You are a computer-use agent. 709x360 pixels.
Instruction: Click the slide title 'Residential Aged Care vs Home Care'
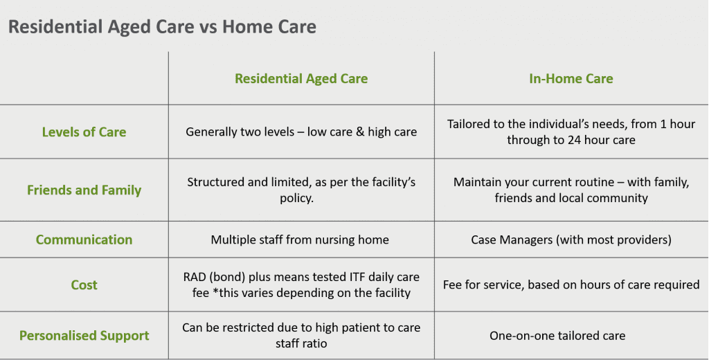(x=162, y=27)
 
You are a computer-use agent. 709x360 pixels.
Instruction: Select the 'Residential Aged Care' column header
(x=301, y=78)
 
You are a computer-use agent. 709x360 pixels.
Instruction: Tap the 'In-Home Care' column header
(x=571, y=78)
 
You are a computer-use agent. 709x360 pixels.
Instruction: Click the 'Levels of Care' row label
(x=84, y=132)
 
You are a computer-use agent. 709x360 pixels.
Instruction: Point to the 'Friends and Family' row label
(x=84, y=190)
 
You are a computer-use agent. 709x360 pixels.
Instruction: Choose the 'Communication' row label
(x=84, y=240)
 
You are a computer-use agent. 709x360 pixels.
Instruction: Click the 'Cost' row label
(x=84, y=285)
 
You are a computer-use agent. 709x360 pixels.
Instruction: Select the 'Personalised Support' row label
(x=84, y=335)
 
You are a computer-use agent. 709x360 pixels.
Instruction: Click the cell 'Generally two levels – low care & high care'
(x=301, y=132)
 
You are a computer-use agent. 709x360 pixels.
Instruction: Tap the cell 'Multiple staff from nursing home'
(x=300, y=240)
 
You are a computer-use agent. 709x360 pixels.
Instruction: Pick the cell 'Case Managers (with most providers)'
(x=571, y=240)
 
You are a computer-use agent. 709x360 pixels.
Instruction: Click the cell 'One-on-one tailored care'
(x=557, y=335)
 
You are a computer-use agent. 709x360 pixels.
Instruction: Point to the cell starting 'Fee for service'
(x=571, y=285)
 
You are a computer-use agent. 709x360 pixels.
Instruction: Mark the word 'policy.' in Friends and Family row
(x=296, y=198)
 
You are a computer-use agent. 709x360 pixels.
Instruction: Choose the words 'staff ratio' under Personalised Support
(x=301, y=343)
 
